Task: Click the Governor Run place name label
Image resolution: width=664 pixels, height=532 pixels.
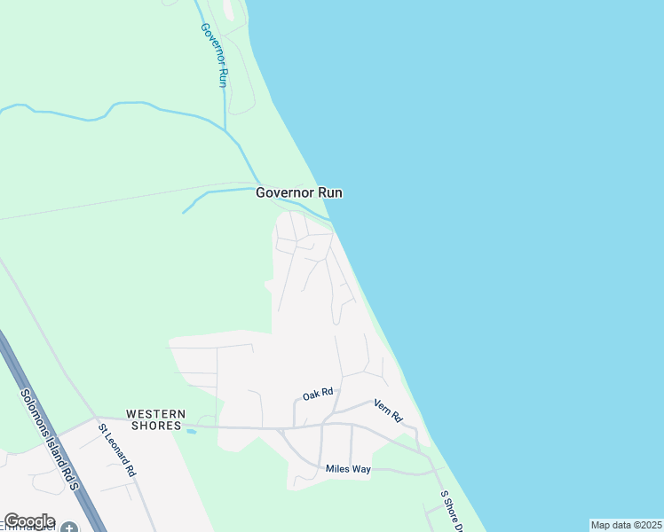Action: click(x=299, y=192)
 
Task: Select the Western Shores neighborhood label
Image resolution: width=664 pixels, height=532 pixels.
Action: click(x=155, y=419)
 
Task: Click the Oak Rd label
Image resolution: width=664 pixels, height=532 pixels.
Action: click(x=317, y=393)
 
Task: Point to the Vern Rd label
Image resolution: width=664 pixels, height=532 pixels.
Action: click(x=388, y=410)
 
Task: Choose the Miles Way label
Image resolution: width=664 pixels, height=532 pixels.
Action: click(x=348, y=469)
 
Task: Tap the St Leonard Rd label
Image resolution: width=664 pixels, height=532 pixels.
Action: click(x=117, y=450)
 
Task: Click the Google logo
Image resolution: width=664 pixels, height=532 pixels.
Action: click(x=29, y=521)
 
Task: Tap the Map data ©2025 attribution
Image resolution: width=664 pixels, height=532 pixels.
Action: click(x=627, y=525)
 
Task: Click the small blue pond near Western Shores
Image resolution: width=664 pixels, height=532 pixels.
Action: click(x=191, y=431)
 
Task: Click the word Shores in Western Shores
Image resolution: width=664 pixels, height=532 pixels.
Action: click(x=156, y=426)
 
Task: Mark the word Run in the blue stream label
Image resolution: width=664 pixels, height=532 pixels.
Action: click(x=223, y=76)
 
